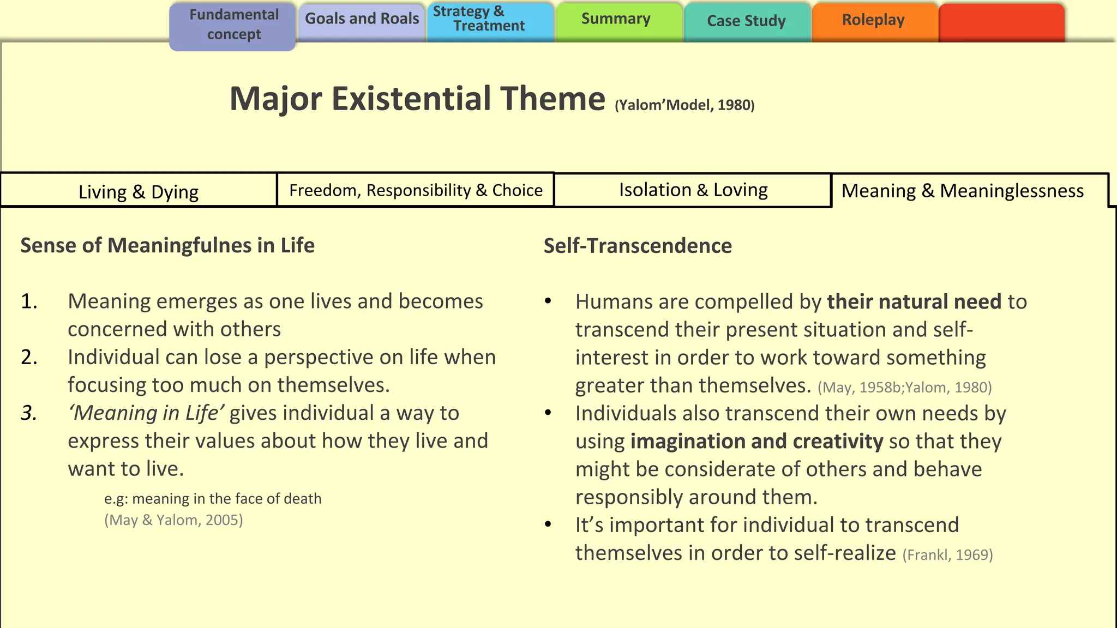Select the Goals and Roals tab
click(x=362, y=20)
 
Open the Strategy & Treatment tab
click(x=490, y=20)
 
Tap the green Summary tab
click(x=616, y=20)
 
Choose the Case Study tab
click(x=746, y=21)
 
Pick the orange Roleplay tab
click(x=873, y=20)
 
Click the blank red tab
click(x=1001, y=22)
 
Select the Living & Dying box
click(x=139, y=191)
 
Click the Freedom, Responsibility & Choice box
click(x=416, y=190)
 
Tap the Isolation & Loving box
click(x=693, y=190)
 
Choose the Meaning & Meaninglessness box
click(x=963, y=191)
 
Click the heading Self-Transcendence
click(x=638, y=246)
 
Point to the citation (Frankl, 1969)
click(x=947, y=555)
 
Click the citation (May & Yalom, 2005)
click(x=173, y=520)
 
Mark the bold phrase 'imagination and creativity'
click(x=756, y=442)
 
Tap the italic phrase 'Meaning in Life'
click(x=146, y=413)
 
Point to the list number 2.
click(x=29, y=358)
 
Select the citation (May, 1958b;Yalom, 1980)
click(x=904, y=388)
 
